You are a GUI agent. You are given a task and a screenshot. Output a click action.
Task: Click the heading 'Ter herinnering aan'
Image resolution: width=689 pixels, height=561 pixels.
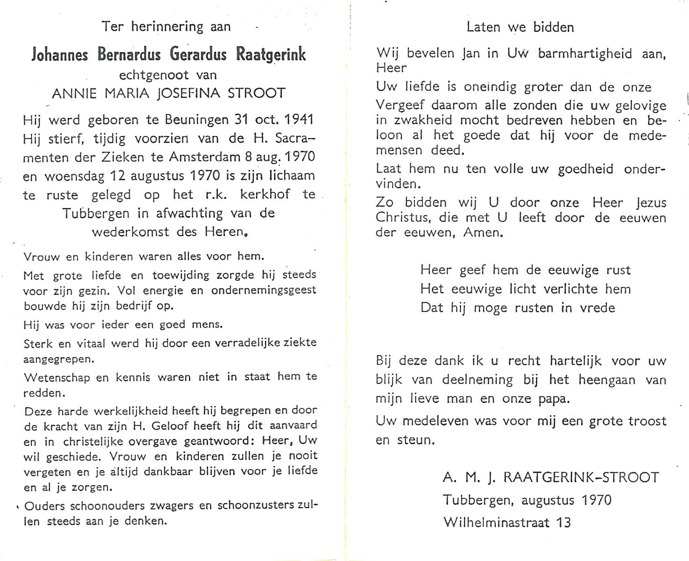click(x=167, y=27)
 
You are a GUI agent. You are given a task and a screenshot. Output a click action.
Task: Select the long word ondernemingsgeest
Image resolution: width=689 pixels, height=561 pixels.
click(x=264, y=290)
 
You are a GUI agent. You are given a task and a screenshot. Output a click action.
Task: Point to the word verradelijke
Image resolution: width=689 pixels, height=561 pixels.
click(x=247, y=343)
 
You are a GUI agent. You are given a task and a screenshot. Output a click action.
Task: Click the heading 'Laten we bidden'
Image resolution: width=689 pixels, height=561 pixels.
click(x=520, y=27)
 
